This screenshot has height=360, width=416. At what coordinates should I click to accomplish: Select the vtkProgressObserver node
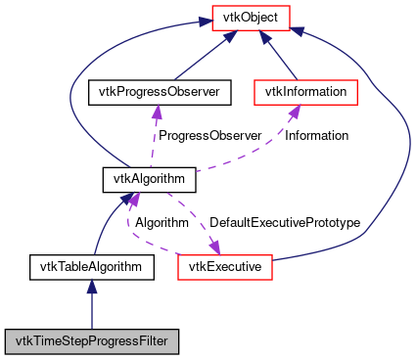[159, 93]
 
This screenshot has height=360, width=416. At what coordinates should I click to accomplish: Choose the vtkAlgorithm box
[150, 180]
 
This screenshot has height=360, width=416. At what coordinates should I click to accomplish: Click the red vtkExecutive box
[225, 266]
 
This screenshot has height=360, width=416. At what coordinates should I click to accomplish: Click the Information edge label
[316, 136]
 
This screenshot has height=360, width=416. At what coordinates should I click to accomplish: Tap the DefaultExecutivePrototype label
[284, 223]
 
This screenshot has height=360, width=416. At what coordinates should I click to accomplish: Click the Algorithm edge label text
[162, 223]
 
